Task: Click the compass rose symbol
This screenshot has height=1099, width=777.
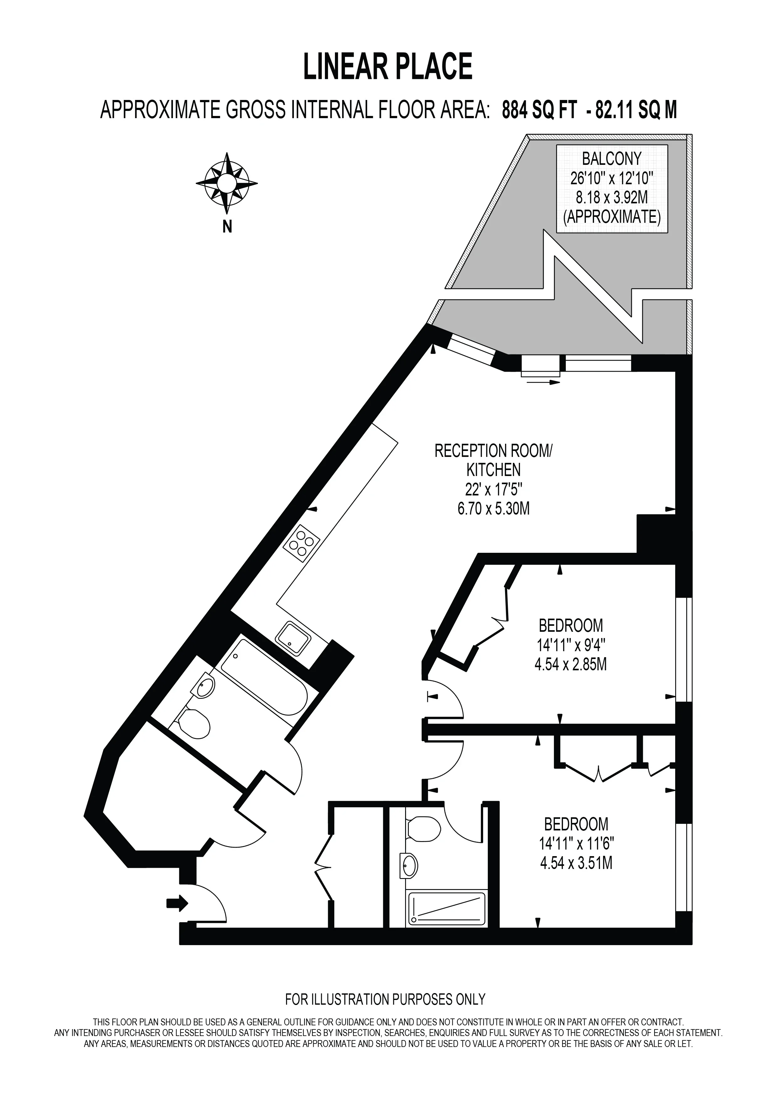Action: (227, 183)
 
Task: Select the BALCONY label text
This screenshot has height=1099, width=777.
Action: (612, 159)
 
